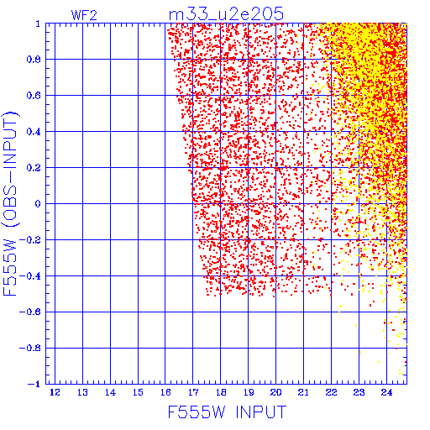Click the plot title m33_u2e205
(226, 14)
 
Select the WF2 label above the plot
(84, 15)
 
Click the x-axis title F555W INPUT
(228, 412)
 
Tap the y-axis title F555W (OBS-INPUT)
(10, 204)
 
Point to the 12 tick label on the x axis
(55, 392)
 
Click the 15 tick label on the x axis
(138, 392)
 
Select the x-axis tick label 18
(221, 392)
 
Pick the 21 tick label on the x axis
(304, 392)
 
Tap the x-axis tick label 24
(386, 392)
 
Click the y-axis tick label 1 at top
(38, 24)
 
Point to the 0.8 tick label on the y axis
(34, 60)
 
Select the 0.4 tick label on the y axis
(34, 132)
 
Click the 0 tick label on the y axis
(38, 204)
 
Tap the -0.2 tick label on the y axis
(30, 240)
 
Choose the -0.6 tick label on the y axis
(30, 312)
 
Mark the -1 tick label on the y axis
(34, 384)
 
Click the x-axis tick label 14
(110, 392)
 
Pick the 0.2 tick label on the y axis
(34, 168)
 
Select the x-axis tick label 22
(331, 392)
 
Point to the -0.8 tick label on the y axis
(30, 348)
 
